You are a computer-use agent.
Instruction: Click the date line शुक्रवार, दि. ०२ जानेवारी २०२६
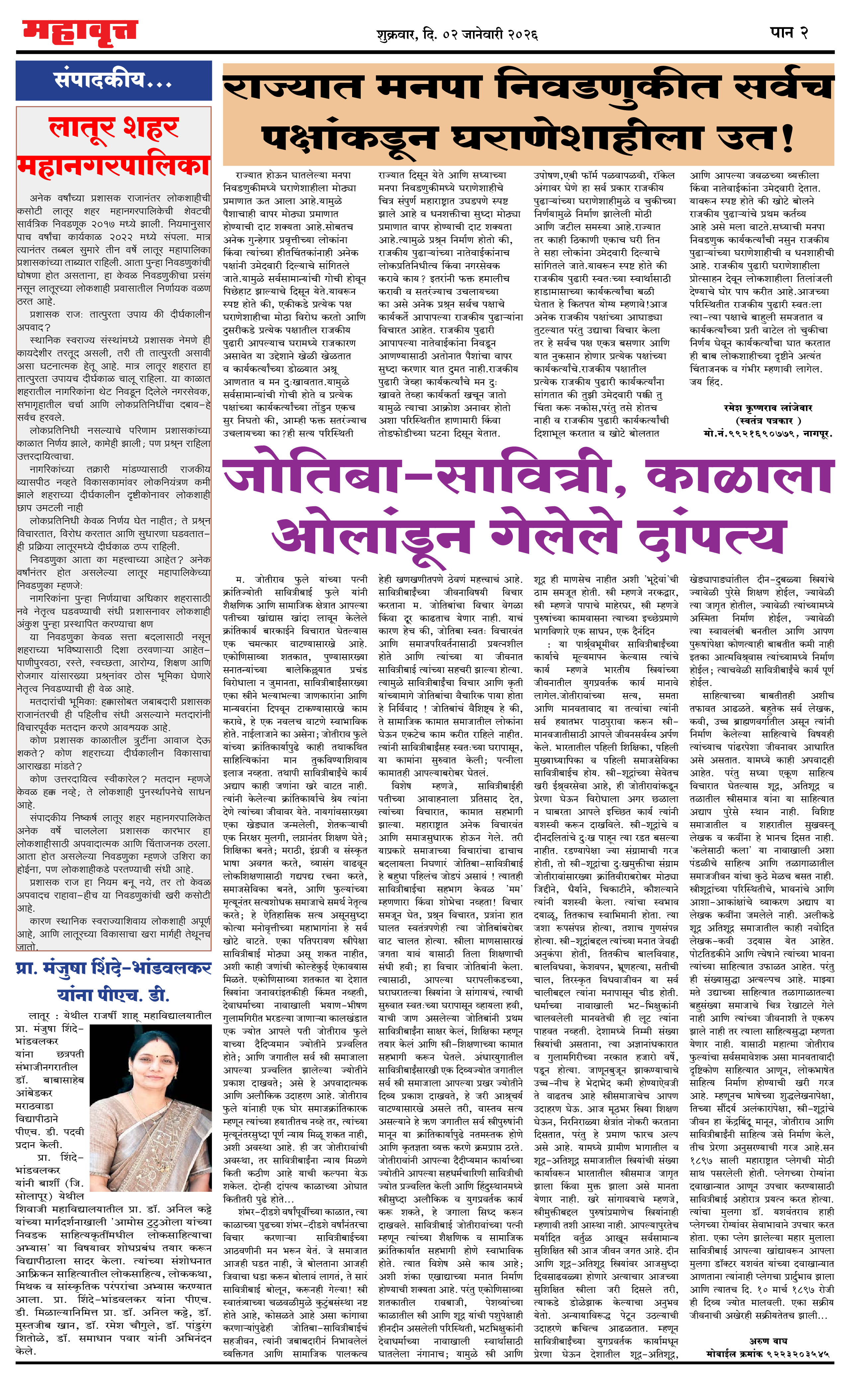click(457, 35)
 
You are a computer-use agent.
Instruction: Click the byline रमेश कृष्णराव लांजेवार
click(768, 408)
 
